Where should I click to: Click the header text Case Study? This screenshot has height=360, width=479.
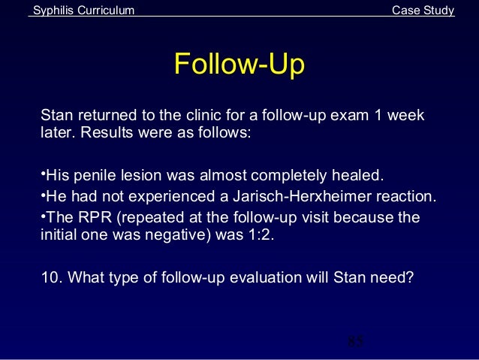(423, 10)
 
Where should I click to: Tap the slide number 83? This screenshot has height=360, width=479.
(356, 343)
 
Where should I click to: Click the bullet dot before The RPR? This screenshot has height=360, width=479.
(42, 218)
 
